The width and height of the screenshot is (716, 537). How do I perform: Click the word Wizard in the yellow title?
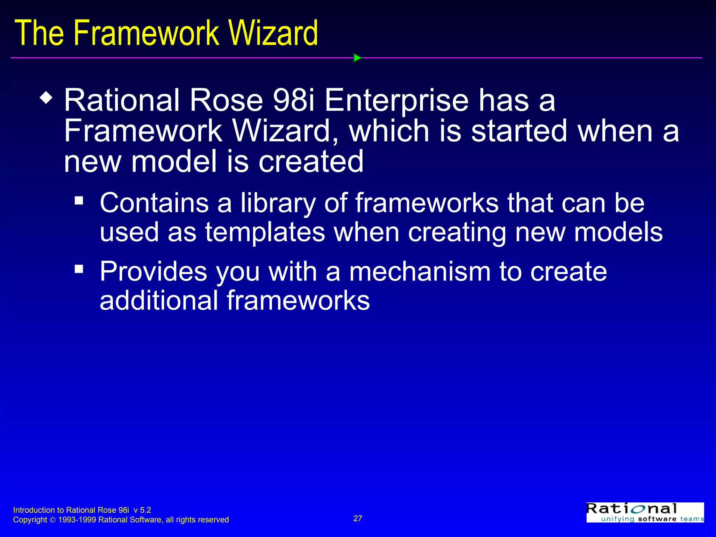(x=273, y=33)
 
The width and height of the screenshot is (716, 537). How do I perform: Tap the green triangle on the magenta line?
(x=357, y=58)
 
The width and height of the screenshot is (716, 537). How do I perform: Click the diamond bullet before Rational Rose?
(x=46, y=98)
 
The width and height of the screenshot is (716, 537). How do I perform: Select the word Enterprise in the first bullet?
(x=396, y=101)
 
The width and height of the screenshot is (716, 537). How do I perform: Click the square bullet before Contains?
(x=79, y=201)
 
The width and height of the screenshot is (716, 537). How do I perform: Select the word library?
(x=278, y=203)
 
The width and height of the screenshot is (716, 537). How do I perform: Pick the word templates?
(x=265, y=232)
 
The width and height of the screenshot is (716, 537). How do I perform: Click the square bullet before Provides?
(x=79, y=269)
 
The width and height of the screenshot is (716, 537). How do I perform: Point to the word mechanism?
(x=420, y=272)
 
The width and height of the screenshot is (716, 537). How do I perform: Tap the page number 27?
(x=358, y=518)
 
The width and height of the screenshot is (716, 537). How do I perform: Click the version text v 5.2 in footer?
(x=142, y=510)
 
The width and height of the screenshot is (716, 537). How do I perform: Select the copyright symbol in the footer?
(x=52, y=520)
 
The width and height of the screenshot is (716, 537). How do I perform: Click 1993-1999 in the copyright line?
(x=77, y=520)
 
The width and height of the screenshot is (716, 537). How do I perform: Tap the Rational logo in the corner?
(x=645, y=513)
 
